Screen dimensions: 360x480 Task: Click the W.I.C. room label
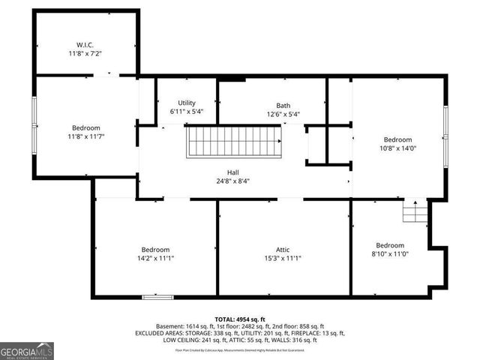(x=84, y=43)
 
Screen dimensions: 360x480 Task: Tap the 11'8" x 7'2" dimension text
(x=84, y=54)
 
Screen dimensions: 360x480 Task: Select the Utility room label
(x=187, y=103)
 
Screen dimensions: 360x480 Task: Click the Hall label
(x=244, y=172)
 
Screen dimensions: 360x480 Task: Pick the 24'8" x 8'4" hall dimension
(x=244, y=181)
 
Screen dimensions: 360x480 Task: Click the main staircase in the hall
(x=235, y=141)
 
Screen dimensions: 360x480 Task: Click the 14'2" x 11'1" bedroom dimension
(x=155, y=258)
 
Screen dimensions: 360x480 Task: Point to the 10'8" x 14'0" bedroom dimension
(x=397, y=148)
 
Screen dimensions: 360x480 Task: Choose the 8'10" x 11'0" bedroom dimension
(x=390, y=255)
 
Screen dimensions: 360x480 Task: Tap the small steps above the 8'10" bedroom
(x=414, y=212)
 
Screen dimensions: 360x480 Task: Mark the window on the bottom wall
(x=157, y=297)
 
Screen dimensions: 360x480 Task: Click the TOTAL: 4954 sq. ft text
(x=240, y=319)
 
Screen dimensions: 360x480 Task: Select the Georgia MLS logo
(x=26, y=350)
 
